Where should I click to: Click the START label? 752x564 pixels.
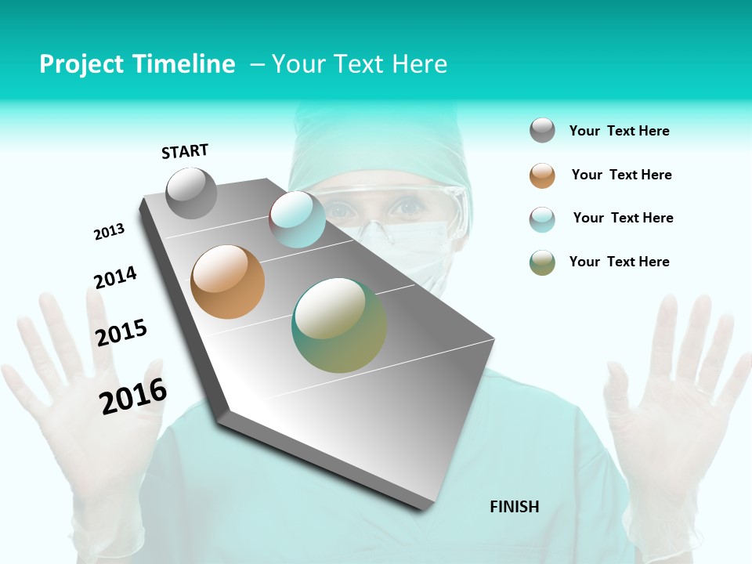(x=185, y=151)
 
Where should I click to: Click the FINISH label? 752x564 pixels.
(x=515, y=507)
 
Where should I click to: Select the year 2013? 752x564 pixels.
(x=109, y=232)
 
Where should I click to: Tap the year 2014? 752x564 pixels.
(x=115, y=277)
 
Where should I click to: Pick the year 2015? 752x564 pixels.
(x=121, y=333)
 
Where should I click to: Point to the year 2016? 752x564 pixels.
(x=133, y=396)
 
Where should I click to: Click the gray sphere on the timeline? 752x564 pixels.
(x=192, y=193)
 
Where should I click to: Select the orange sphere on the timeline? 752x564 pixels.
(x=228, y=282)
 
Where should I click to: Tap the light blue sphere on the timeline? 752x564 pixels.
(x=298, y=219)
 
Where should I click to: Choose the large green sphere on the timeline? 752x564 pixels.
(x=339, y=325)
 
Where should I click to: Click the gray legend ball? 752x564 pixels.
(x=542, y=130)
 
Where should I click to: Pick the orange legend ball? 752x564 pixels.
(x=542, y=175)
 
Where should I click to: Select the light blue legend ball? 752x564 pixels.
(x=542, y=219)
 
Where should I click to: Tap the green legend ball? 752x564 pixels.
(x=542, y=262)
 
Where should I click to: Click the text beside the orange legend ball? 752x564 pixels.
(x=621, y=175)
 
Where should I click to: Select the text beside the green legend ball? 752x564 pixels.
(x=619, y=262)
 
